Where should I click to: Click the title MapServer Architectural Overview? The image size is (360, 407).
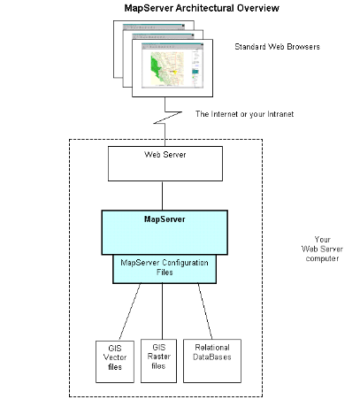point(202,8)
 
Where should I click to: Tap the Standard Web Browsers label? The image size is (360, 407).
point(277,47)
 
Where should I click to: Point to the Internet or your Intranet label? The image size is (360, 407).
point(244,114)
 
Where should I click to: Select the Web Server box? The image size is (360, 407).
point(165,164)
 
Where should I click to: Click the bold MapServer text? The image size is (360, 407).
point(165,219)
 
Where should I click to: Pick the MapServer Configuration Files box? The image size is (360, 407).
point(165,269)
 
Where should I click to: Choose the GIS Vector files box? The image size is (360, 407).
point(115,362)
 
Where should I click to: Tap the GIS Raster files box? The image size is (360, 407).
point(158,361)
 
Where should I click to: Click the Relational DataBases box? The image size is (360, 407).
point(212,361)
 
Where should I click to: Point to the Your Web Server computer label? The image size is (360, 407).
point(322,249)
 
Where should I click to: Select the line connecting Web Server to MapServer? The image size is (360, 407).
point(162,196)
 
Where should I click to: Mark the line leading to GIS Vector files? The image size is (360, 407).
point(130,311)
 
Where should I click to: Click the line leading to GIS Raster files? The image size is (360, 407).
point(162,311)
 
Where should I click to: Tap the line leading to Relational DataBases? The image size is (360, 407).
point(205,311)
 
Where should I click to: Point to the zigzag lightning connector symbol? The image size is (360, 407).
point(167,118)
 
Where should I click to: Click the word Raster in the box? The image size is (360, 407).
point(159,357)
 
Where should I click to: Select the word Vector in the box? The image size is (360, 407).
point(115,357)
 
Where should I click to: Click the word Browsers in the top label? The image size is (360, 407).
point(303,47)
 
